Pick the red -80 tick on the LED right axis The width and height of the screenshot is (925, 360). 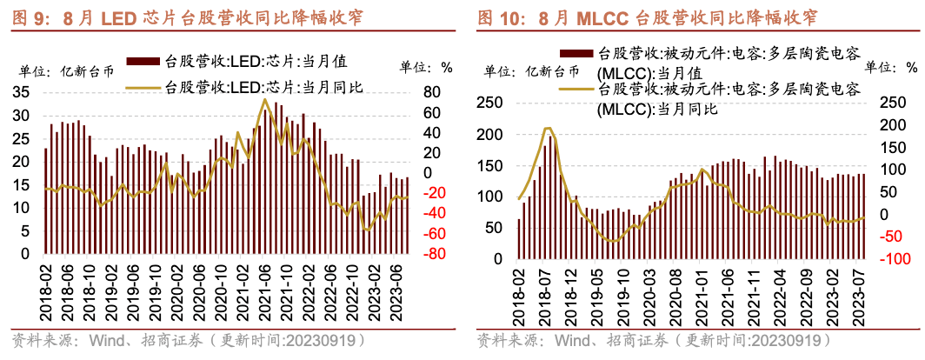point(435,254)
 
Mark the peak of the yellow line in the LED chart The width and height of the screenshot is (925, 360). point(265,99)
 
